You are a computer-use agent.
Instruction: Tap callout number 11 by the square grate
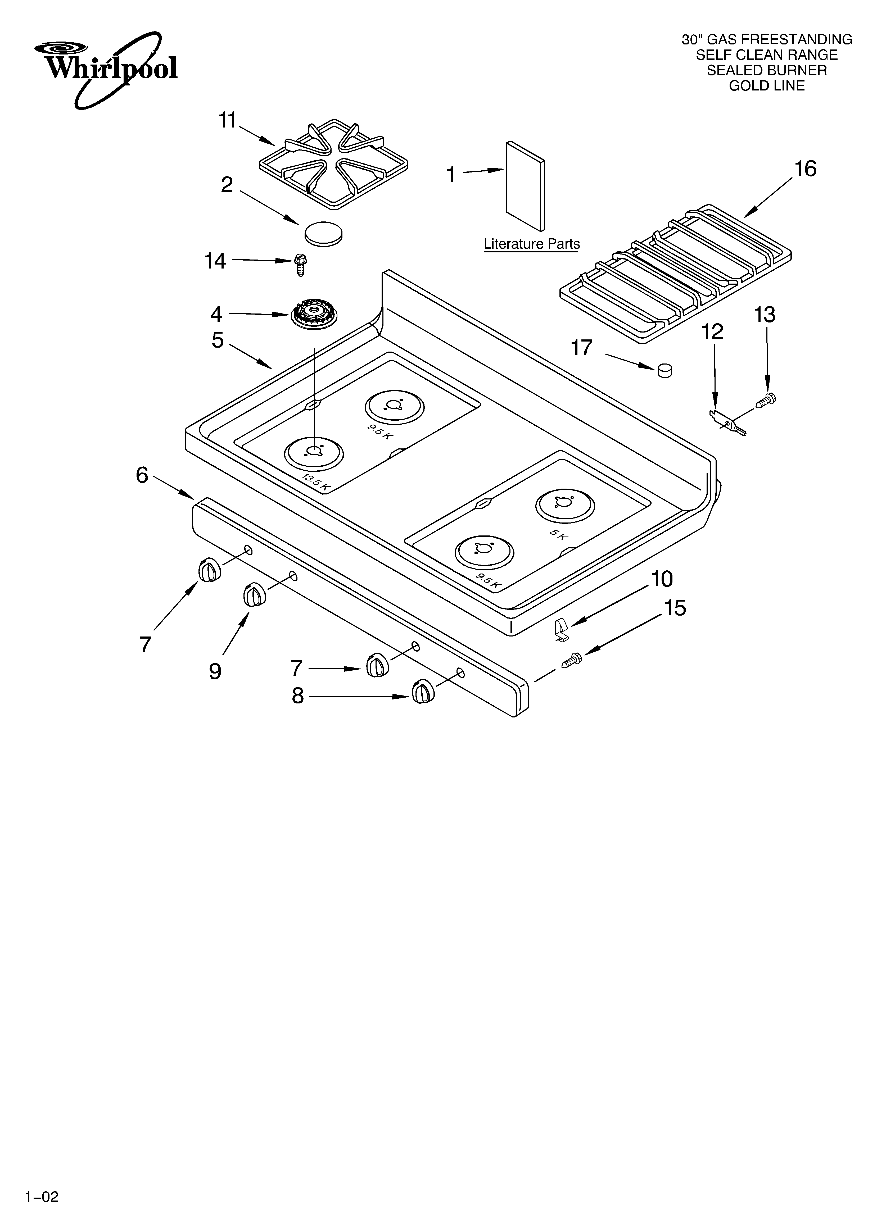click(227, 120)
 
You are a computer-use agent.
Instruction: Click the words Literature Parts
click(531, 244)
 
